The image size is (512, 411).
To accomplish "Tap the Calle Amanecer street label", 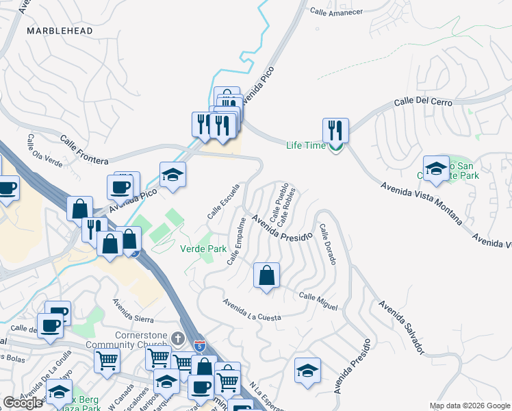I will pos(336,12).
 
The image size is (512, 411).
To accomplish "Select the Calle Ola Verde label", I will pos(44,151).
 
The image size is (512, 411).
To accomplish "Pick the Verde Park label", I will pos(203,249).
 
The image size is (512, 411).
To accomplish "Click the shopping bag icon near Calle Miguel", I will pos(267,275).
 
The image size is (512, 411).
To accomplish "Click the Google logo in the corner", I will pos(23,403).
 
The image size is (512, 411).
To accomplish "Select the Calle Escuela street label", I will pos(224,201).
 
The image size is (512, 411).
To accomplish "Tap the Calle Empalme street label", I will pos(236,242).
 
